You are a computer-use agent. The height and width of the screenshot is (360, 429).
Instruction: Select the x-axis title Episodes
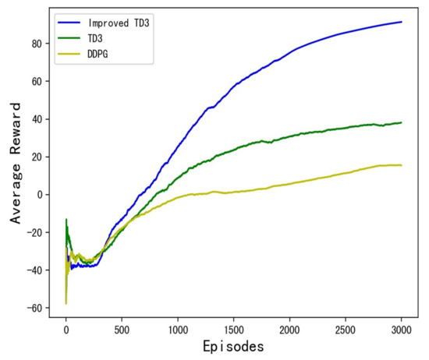pyautogui.click(x=233, y=345)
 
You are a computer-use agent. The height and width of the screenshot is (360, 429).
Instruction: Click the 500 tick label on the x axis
pyautogui.click(x=122, y=326)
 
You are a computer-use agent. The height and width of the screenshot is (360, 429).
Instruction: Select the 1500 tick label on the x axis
pyautogui.click(x=233, y=326)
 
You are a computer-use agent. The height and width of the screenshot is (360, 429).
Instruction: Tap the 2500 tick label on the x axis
pyautogui.click(x=346, y=326)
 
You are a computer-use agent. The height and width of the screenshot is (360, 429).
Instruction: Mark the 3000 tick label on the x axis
pyautogui.click(x=401, y=326)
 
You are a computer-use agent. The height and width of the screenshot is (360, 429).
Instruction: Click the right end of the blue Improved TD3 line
pyautogui.click(x=402, y=22)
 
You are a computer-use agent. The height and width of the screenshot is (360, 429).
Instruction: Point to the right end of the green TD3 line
pyautogui.click(x=402, y=122)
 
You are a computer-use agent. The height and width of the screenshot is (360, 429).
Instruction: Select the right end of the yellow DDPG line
pyautogui.click(x=402, y=165)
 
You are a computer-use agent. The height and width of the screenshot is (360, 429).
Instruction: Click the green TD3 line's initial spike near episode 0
pyautogui.click(x=66, y=220)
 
